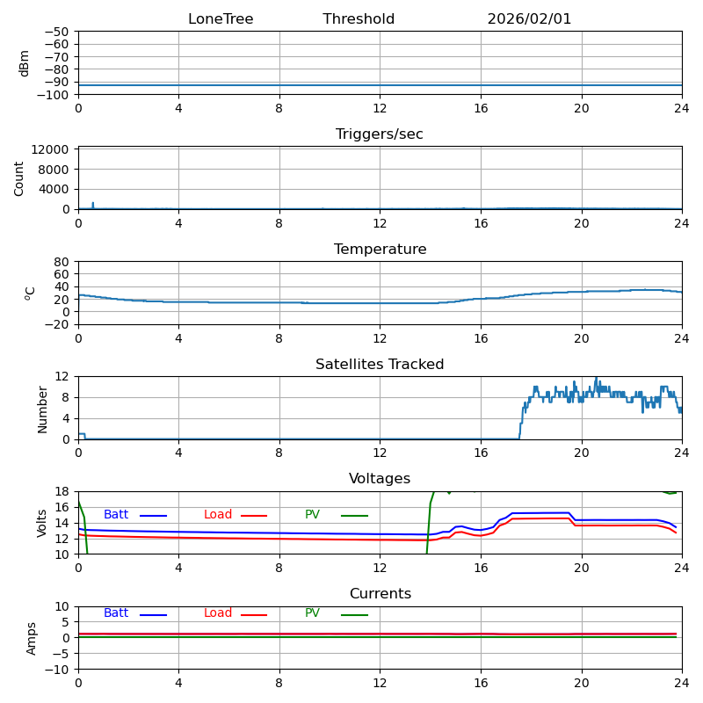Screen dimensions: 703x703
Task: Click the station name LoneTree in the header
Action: (221, 19)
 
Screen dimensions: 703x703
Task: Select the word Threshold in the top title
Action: (359, 19)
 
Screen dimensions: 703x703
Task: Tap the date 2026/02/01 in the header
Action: (529, 19)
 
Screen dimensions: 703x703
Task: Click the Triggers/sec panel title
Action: (380, 134)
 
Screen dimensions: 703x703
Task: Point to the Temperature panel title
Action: (380, 250)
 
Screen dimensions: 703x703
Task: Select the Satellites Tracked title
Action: (380, 365)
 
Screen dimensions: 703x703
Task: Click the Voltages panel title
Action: (380, 479)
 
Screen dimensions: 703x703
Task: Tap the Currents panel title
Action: (380, 594)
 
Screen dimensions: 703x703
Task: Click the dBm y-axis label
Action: (25, 63)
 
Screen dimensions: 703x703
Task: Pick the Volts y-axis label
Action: (42, 523)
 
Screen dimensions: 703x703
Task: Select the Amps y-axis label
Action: (32, 638)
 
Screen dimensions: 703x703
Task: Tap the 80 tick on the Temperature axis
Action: (62, 262)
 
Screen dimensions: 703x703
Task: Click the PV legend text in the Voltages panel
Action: (313, 515)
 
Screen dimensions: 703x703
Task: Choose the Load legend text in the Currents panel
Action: (218, 613)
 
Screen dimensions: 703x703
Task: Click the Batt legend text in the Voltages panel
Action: (116, 515)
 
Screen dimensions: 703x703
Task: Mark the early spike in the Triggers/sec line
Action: (92, 204)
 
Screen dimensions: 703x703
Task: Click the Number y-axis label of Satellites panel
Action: (42, 408)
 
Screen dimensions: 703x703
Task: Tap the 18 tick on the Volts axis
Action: (62, 492)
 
